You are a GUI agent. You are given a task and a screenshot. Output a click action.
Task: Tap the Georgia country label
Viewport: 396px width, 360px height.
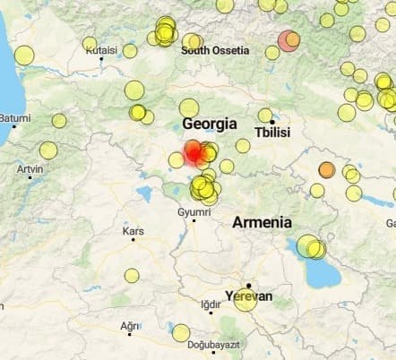[x=209, y=124]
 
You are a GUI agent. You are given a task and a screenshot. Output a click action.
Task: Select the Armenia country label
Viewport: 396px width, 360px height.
[x=262, y=222]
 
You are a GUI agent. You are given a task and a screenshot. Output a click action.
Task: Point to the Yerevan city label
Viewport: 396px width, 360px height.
[x=248, y=296]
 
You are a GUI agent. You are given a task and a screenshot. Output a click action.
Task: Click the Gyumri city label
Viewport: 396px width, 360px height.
[x=194, y=211]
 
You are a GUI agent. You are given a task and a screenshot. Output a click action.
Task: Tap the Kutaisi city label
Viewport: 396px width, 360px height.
[x=101, y=50]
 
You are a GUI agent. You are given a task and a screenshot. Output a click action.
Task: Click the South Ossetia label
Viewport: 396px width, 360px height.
[x=215, y=50]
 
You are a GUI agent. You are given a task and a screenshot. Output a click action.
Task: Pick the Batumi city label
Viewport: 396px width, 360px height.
[x=15, y=117]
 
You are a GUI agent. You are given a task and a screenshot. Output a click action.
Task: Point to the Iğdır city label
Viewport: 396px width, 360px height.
[x=211, y=304]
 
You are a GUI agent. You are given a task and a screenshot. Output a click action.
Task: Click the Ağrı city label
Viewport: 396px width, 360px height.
[x=130, y=325]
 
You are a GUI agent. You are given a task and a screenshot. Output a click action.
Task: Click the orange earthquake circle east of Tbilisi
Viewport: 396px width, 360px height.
[x=326, y=169]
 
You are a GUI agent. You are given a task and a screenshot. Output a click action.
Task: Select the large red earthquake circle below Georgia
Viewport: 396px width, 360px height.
[x=194, y=153]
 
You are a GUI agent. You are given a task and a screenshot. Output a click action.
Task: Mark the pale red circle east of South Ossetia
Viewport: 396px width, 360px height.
[x=288, y=40]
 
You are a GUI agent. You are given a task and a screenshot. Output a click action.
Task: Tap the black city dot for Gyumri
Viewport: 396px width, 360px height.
[x=194, y=220]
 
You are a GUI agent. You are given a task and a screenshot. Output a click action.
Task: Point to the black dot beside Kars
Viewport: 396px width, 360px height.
[x=133, y=239]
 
